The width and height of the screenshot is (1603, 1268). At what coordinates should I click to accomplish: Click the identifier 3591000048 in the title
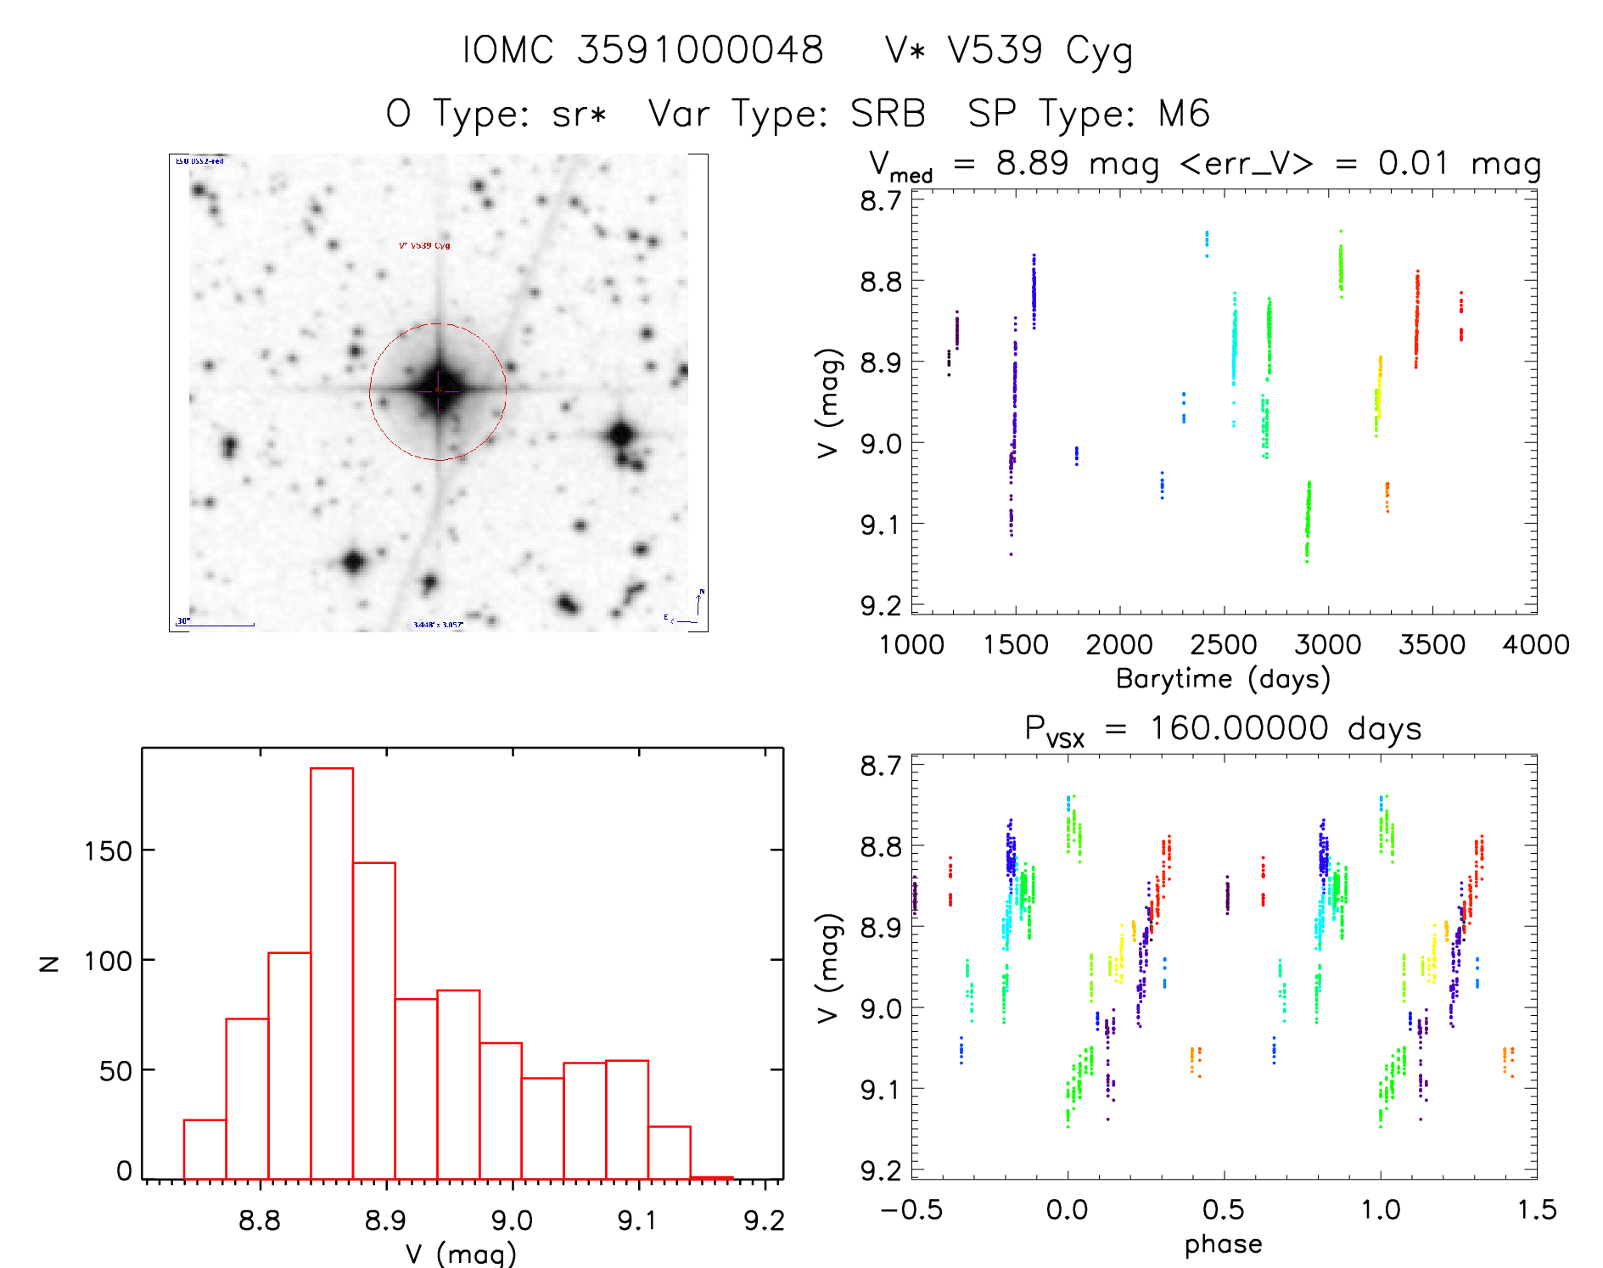coord(700,49)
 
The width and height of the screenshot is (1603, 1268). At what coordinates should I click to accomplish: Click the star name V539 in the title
coord(995,49)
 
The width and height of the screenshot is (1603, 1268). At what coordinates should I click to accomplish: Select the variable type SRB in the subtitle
coord(888,113)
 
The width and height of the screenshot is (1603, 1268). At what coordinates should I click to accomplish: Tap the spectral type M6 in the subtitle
coord(1184,113)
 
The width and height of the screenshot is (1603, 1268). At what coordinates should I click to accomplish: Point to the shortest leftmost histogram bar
coord(205,1149)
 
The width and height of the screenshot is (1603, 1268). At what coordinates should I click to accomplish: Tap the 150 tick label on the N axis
coord(108,850)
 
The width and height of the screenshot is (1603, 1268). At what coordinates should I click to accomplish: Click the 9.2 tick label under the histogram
coord(764,1220)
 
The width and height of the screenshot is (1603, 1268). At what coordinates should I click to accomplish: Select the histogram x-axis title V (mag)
coord(461,1254)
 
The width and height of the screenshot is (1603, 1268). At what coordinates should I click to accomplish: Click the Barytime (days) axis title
coord(1223,679)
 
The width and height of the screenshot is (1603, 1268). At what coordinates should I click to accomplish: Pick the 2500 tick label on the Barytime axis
coord(1223,645)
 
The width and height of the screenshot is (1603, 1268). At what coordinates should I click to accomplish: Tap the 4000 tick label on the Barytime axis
coord(1535,645)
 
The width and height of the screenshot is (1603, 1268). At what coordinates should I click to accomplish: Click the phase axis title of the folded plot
coord(1223,1244)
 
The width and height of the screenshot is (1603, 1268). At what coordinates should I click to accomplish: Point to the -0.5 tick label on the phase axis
coord(911,1210)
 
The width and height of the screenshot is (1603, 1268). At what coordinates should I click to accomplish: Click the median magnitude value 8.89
coord(1032,163)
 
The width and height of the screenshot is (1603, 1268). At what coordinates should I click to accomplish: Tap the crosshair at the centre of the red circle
coord(438,390)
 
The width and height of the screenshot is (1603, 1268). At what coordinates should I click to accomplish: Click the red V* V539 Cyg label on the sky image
coord(424,245)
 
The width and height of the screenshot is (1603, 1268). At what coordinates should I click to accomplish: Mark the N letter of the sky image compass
coord(701,592)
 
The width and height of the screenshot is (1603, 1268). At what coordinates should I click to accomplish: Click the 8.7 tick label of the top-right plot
coord(881,201)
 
